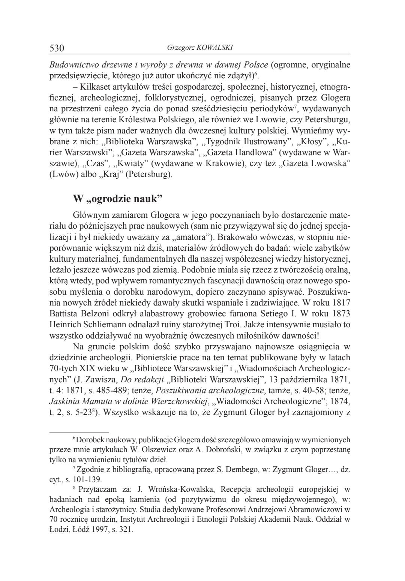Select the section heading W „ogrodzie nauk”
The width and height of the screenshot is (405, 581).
click(x=114, y=199)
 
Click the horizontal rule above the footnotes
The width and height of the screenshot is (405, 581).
click(x=79, y=432)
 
